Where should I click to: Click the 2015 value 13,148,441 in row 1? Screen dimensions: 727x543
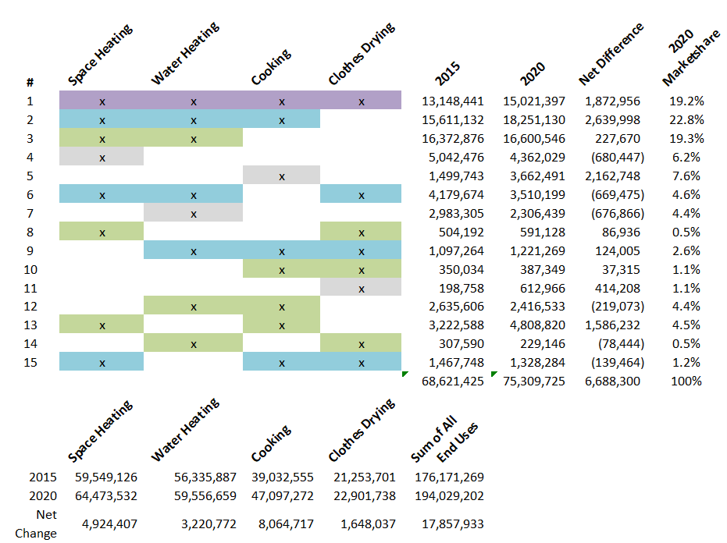click(453, 101)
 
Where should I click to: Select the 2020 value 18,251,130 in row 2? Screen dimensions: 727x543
click(534, 120)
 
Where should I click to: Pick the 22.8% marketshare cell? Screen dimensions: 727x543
click(686, 120)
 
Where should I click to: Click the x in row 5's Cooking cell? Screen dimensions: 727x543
click(281, 176)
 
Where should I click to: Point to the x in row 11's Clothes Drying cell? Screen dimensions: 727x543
click(362, 289)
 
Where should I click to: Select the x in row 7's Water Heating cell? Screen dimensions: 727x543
click(194, 214)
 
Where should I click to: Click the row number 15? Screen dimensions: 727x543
click(30, 362)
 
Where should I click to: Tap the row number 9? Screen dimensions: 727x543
click(30, 250)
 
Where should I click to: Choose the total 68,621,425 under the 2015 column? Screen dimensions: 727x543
click(453, 382)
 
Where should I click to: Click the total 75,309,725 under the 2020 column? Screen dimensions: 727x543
click(534, 382)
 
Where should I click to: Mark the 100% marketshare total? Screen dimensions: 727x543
click(686, 382)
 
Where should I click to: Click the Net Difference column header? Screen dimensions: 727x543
click(611, 54)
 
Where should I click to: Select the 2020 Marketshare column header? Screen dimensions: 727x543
click(690, 57)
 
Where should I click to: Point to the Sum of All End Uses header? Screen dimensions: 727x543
click(444, 438)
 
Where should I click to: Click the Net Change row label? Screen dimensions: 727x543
click(36, 524)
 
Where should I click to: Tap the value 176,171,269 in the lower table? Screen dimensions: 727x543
click(449, 477)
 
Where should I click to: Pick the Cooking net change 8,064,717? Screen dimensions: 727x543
click(286, 524)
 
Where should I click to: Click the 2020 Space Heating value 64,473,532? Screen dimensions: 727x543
click(106, 496)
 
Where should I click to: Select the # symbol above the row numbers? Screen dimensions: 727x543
click(30, 83)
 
